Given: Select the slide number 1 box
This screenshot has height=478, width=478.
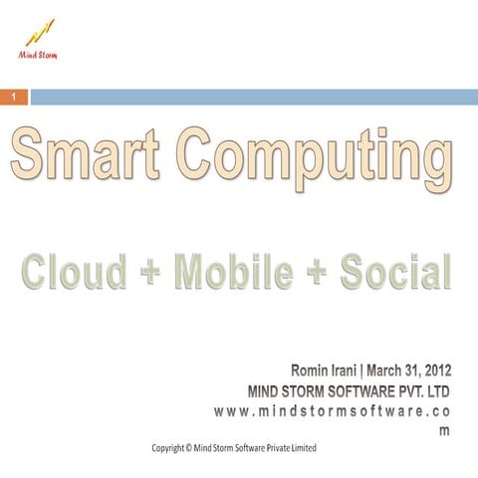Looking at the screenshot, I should [x=14, y=97].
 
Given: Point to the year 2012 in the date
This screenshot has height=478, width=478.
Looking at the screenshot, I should [x=437, y=370].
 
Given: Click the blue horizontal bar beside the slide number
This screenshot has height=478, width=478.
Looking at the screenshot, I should [x=254, y=97].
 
